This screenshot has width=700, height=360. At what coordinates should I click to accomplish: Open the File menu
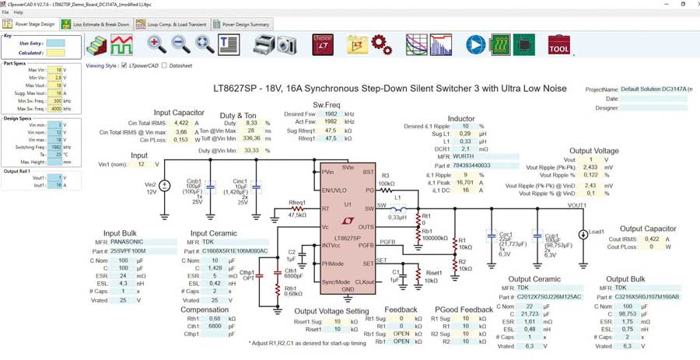click(x=6, y=13)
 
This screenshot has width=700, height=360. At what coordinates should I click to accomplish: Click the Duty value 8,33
click(x=250, y=123)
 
